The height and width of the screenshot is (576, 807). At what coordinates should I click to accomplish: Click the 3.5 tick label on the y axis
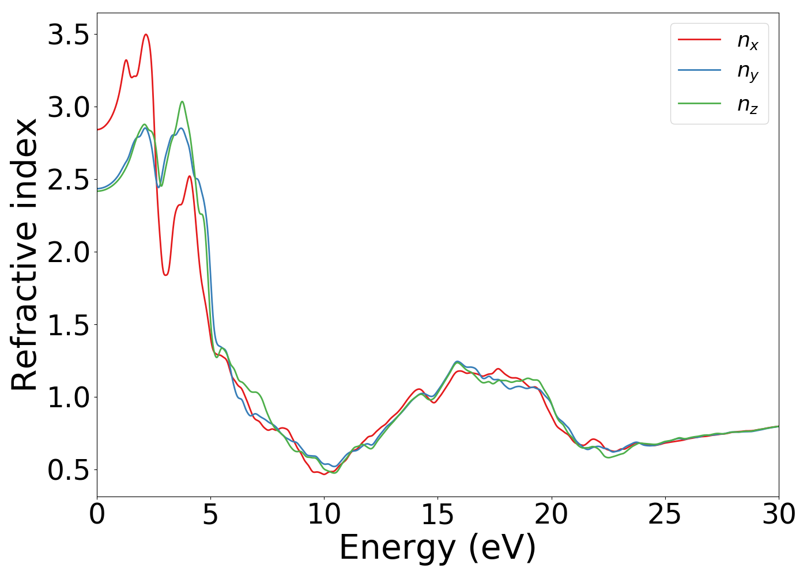coord(68,35)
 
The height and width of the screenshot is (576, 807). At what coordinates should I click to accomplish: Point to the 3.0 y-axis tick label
coord(68,108)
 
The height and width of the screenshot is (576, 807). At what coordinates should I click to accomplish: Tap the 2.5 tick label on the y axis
coord(68,180)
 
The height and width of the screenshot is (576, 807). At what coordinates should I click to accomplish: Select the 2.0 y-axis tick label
coord(68,253)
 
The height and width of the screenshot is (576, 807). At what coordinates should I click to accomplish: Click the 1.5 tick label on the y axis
coord(68,325)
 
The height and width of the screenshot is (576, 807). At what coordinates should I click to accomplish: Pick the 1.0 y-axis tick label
coord(68,398)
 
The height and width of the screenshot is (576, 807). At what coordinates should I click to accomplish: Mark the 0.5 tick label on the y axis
coord(68,471)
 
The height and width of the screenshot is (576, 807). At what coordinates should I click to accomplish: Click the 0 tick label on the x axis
coord(97,514)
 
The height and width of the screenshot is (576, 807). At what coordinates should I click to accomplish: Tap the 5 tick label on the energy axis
coord(210,514)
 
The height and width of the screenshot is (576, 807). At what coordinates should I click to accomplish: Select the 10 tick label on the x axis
coord(324,514)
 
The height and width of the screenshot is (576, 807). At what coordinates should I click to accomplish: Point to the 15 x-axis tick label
coord(438,514)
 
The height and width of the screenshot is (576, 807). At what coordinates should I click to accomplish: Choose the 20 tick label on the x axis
coord(551,514)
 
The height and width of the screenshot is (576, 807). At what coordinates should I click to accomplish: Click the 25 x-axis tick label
coord(665,514)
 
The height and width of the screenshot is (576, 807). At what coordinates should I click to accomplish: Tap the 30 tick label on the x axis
coord(778,514)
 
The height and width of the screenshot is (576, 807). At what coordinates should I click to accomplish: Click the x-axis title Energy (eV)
coord(438,547)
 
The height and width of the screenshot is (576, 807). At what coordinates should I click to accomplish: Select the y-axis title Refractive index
coord(24,255)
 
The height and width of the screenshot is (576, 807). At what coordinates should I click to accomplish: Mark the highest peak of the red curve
coord(146,35)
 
